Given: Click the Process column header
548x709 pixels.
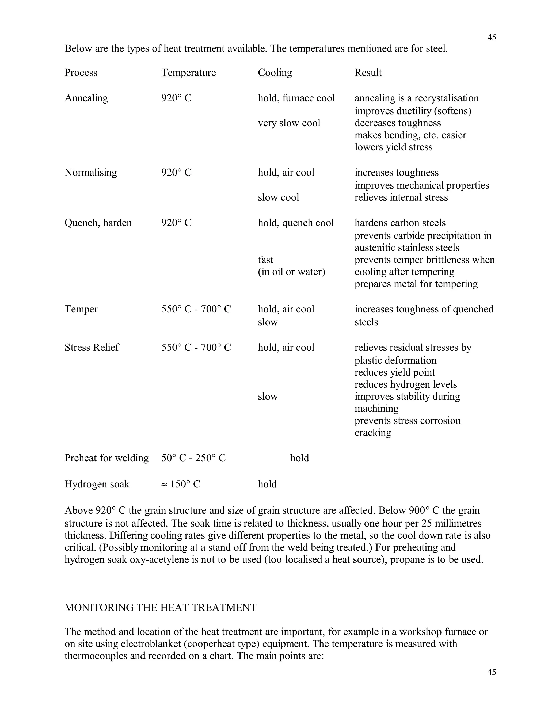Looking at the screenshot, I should [x=81, y=73].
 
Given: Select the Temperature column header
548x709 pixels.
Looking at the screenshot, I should [x=188, y=73].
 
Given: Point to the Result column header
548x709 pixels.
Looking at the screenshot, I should [x=368, y=73].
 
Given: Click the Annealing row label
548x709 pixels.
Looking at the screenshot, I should [x=86, y=98].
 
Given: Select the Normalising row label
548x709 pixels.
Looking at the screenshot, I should [x=91, y=172].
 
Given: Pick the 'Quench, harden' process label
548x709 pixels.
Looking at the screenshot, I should [x=98, y=223].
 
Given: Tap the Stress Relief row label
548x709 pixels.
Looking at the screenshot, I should [x=92, y=347].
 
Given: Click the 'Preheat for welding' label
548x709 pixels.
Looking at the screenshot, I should [x=106, y=458].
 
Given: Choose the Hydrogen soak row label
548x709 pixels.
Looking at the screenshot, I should [x=97, y=484].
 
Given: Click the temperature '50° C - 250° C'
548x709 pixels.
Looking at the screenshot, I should [x=193, y=458].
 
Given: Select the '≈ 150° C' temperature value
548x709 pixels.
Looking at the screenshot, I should [x=181, y=484].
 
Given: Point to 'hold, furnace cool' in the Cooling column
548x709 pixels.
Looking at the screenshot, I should [x=296, y=98].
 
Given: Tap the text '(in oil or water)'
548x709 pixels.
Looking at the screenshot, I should [x=291, y=272].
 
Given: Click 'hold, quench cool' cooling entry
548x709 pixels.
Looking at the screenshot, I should [x=295, y=223].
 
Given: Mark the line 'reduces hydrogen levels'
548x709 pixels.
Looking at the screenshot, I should [x=405, y=384].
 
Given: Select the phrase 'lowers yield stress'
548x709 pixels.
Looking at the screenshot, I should [x=393, y=147].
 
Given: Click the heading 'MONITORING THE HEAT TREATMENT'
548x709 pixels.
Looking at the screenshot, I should [x=160, y=607].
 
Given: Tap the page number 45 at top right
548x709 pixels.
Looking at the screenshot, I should [x=492, y=38].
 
